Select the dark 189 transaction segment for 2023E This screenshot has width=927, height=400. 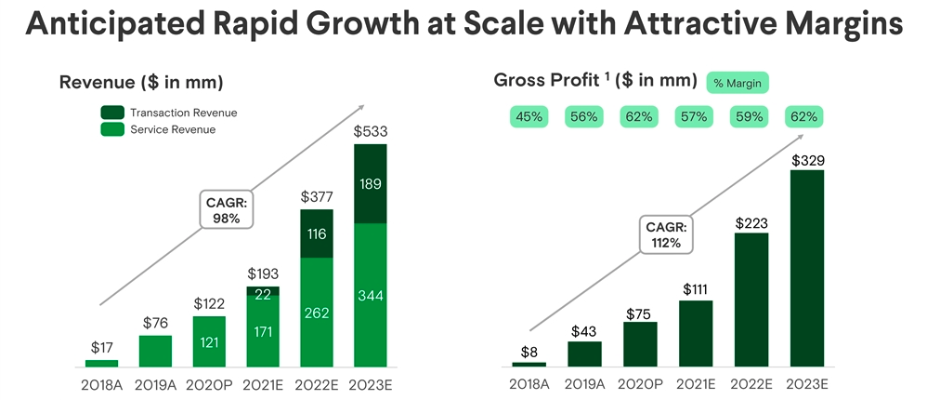point(371,183)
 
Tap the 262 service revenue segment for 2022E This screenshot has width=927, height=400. point(317,312)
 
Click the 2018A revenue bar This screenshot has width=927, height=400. point(101,363)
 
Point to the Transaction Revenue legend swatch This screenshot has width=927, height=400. point(111,113)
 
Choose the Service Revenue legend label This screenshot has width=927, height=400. point(172,129)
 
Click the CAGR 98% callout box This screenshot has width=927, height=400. point(226,210)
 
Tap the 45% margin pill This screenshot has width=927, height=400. point(529,117)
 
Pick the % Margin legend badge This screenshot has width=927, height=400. point(738,83)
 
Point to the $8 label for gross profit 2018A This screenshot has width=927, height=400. point(529,352)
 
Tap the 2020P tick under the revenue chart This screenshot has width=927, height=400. point(209,384)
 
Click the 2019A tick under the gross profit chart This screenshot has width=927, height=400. point(584,384)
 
